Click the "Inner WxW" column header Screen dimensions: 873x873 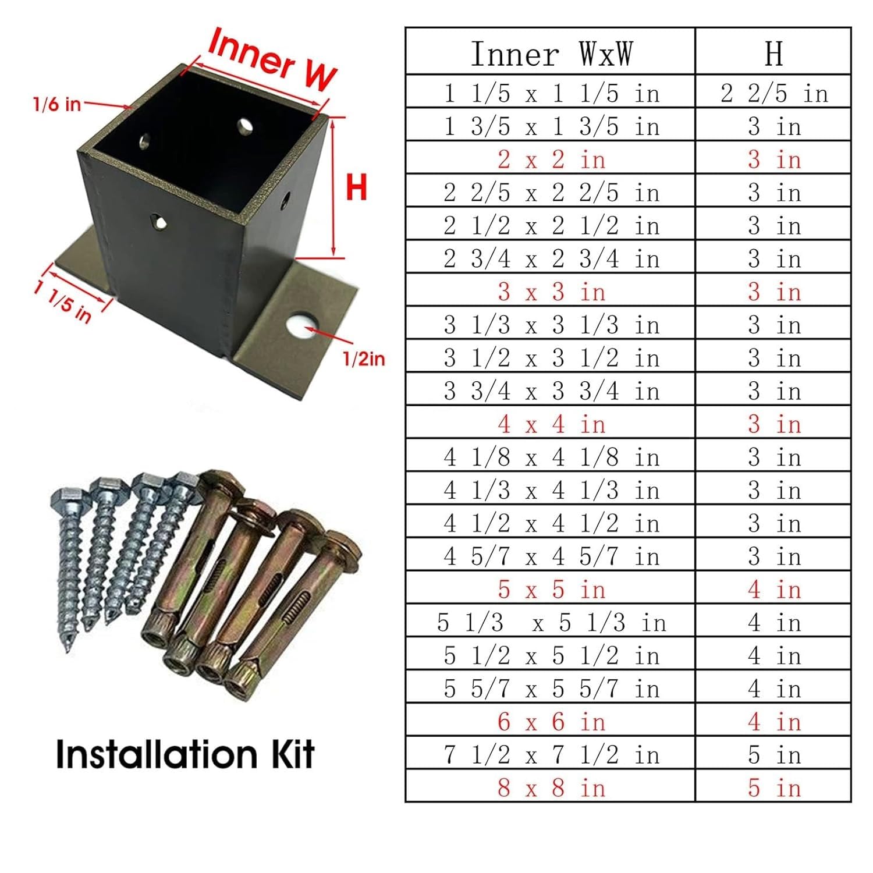pos(551,54)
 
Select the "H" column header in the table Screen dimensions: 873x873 pos(773,54)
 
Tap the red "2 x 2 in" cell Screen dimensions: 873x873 pos(551,159)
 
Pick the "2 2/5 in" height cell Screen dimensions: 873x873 pos(773,94)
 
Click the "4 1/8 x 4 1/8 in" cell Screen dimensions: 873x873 pos(551,457)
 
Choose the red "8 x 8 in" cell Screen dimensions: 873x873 pos(551,788)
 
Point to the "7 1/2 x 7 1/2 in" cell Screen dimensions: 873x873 pos(551,755)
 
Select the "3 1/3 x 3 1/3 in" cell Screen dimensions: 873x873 pos(551,325)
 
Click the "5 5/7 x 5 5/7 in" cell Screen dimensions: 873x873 pos(551,689)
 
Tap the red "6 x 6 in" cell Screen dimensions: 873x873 pos(551,722)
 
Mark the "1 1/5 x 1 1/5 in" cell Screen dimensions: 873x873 pos(551,94)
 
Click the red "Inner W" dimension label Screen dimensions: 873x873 pos(272,59)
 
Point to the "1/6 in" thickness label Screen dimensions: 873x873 pos(56,104)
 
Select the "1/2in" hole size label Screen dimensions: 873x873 pos(364,359)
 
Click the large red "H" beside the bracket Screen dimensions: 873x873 pos(356,187)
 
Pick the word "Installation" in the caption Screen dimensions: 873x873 pos(157,754)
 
